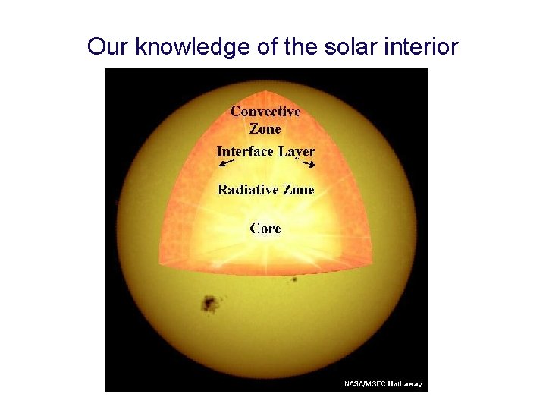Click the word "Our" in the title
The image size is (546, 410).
pyautogui.click(x=105, y=47)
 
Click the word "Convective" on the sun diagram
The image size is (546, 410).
pyautogui.click(x=265, y=112)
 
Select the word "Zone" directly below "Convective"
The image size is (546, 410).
pyautogui.click(x=265, y=128)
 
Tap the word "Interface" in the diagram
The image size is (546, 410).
pyautogui.click(x=244, y=151)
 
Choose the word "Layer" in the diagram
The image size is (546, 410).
pyautogui.click(x=296, y=151)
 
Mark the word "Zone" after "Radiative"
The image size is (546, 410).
pyautogui.click(x=298, y=189)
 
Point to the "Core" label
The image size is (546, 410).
pyautogui.click(x=265, y=228)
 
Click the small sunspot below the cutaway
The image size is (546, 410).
pyautogui.click(x=293, y=280)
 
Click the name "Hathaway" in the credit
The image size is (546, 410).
pyautogui.click(x=406, y=384)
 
